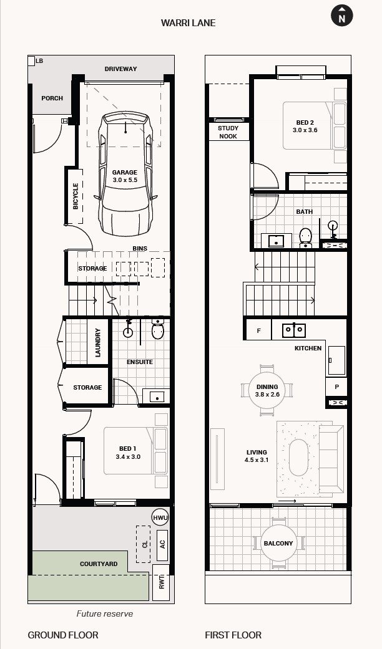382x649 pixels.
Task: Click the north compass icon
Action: pos(342,16)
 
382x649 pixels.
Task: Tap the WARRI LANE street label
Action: pos(188,23)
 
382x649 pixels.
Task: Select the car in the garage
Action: pos(125,173)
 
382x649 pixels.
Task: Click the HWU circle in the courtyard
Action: pos(160,517)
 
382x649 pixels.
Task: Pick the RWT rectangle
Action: pos(161,582)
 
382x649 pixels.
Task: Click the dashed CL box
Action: pos(144,544)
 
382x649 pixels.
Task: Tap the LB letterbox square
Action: pos(31,61)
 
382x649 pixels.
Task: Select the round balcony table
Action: pos(278,543)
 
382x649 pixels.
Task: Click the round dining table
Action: pos(267,390)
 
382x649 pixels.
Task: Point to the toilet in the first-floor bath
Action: pos(306,238)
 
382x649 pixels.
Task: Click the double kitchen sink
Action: pos(294,330)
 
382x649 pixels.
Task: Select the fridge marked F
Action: pos(259,330)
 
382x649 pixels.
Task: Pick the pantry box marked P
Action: pos(336,387)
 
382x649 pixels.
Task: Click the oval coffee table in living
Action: pos(298,458)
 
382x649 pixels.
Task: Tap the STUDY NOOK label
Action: pos(228,132)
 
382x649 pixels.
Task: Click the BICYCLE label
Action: pos(76,196)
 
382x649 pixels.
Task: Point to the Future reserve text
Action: pos(105,613)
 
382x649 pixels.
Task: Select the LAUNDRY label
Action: pos(98,342)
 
